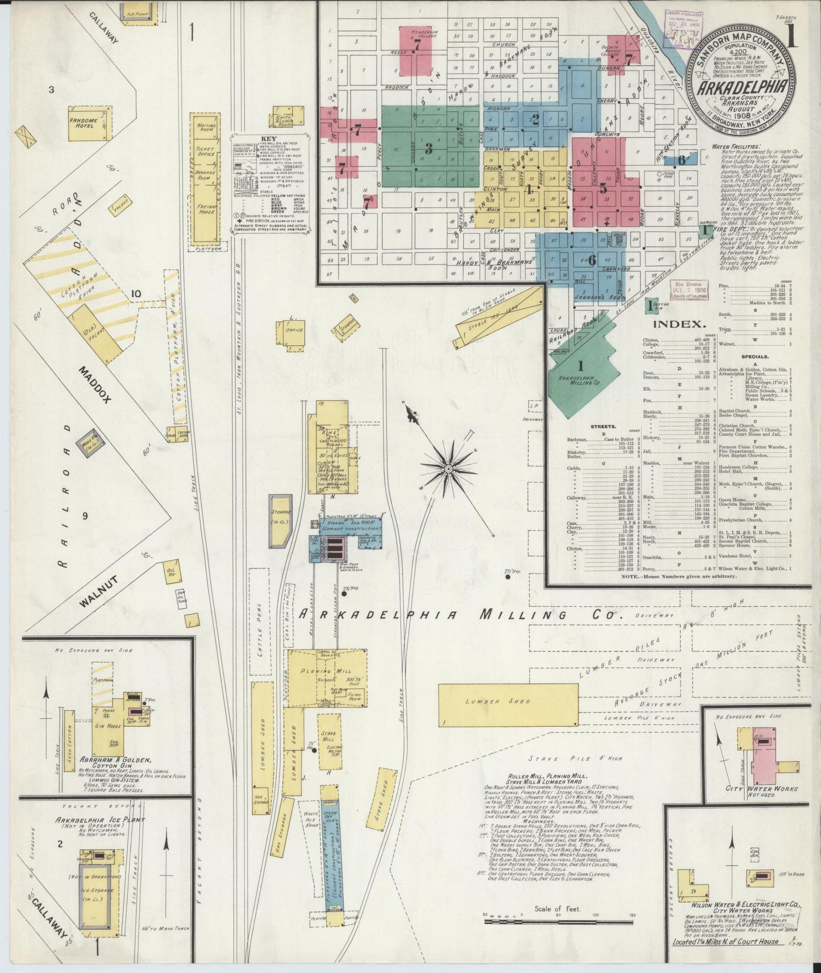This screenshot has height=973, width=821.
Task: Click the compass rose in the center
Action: [x=448, y=469]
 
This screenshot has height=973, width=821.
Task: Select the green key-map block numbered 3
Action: [x=429, y=149]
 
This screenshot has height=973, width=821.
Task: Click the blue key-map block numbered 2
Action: [x=535, y=119]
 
